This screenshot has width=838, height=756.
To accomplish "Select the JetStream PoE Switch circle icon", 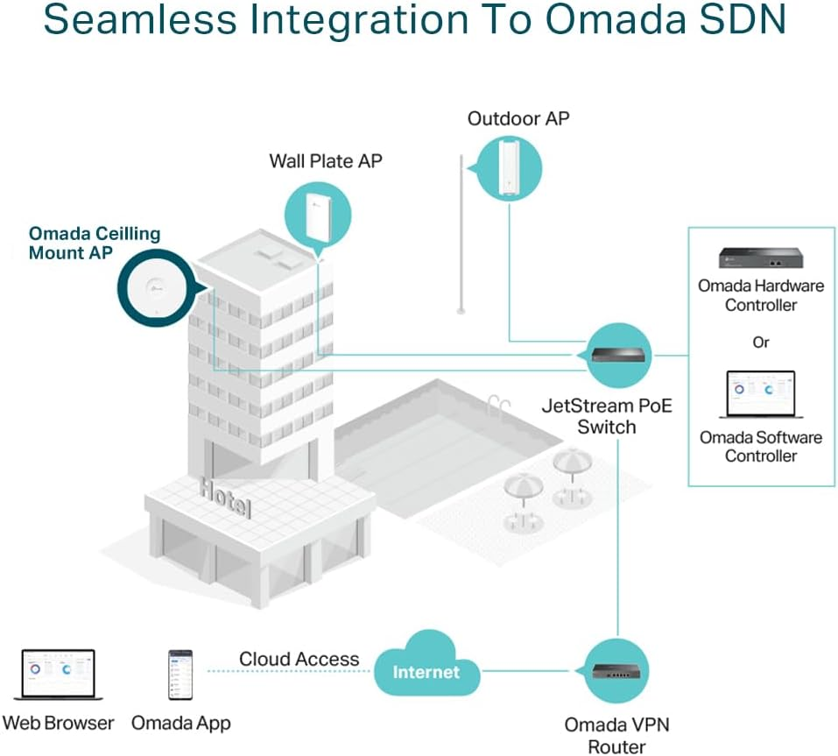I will click(618, 356).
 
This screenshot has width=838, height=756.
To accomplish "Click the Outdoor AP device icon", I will click(507, 167).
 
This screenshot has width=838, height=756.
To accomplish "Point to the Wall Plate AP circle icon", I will click(318, 213).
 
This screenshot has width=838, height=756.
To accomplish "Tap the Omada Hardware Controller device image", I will click(760, 258).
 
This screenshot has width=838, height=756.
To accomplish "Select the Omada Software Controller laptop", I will click(760, 395).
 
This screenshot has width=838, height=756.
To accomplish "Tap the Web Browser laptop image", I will click(58, 675).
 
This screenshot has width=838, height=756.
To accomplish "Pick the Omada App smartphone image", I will click(180, 674).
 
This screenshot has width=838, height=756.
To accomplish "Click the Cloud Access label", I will click(299, 659).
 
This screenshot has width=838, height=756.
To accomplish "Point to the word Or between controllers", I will click(760, 343).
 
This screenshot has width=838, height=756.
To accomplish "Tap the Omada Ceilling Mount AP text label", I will click(95, 244).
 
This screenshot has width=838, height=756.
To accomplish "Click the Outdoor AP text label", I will click(518, 118).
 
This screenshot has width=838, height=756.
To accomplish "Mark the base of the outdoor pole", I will click(461, 309).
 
